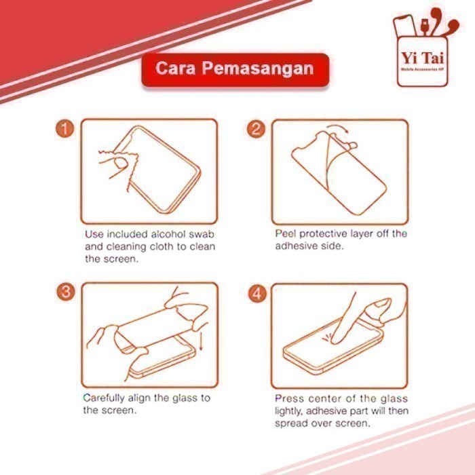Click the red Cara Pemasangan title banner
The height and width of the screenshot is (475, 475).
235,69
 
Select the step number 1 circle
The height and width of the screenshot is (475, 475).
64,129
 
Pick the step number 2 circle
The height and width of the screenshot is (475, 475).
256,129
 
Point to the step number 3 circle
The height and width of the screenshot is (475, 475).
64,292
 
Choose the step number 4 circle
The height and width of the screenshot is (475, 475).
256,293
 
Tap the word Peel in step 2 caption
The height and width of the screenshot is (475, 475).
286,233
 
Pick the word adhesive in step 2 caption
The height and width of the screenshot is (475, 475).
296,246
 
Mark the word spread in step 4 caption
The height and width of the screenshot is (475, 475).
290,423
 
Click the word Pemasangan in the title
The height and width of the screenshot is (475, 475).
271,69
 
